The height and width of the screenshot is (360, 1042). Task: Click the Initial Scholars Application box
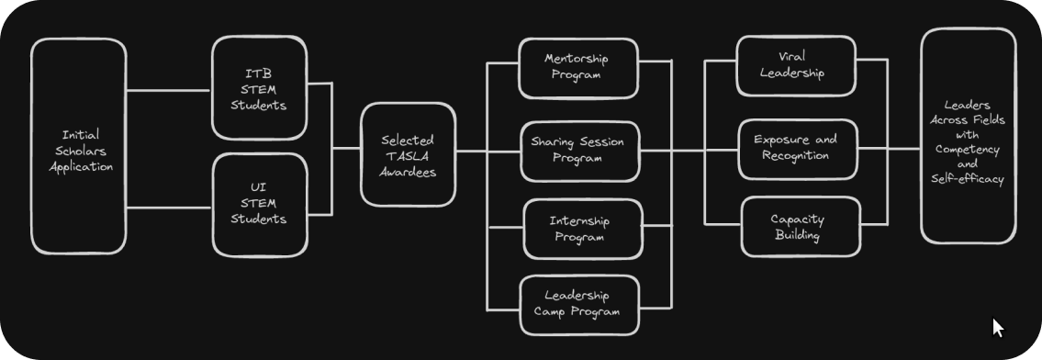(x=79, y=147)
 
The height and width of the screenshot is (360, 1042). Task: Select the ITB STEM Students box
(x=259, y=89)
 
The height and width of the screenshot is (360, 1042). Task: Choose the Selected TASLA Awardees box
(x=408, y=154)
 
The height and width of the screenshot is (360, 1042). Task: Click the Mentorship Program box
(x=577, y=67)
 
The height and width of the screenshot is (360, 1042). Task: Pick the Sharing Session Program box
(x=577, y=151)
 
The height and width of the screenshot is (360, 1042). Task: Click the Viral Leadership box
(x=796, y=66)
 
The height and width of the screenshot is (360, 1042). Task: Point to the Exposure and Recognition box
(x=797, y=148)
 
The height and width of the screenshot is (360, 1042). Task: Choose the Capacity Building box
(x=798, y=227)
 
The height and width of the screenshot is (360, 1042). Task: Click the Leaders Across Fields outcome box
(x=968, y=136)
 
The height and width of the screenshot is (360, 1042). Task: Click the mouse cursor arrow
(x=998, y=328)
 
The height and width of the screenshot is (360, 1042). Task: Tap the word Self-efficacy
(x=968, y=180)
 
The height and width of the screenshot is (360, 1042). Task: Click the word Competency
(x=968, y=149)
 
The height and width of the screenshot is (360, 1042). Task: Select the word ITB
(x=258, y=73)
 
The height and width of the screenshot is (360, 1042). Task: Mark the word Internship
(x=579, y=221)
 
